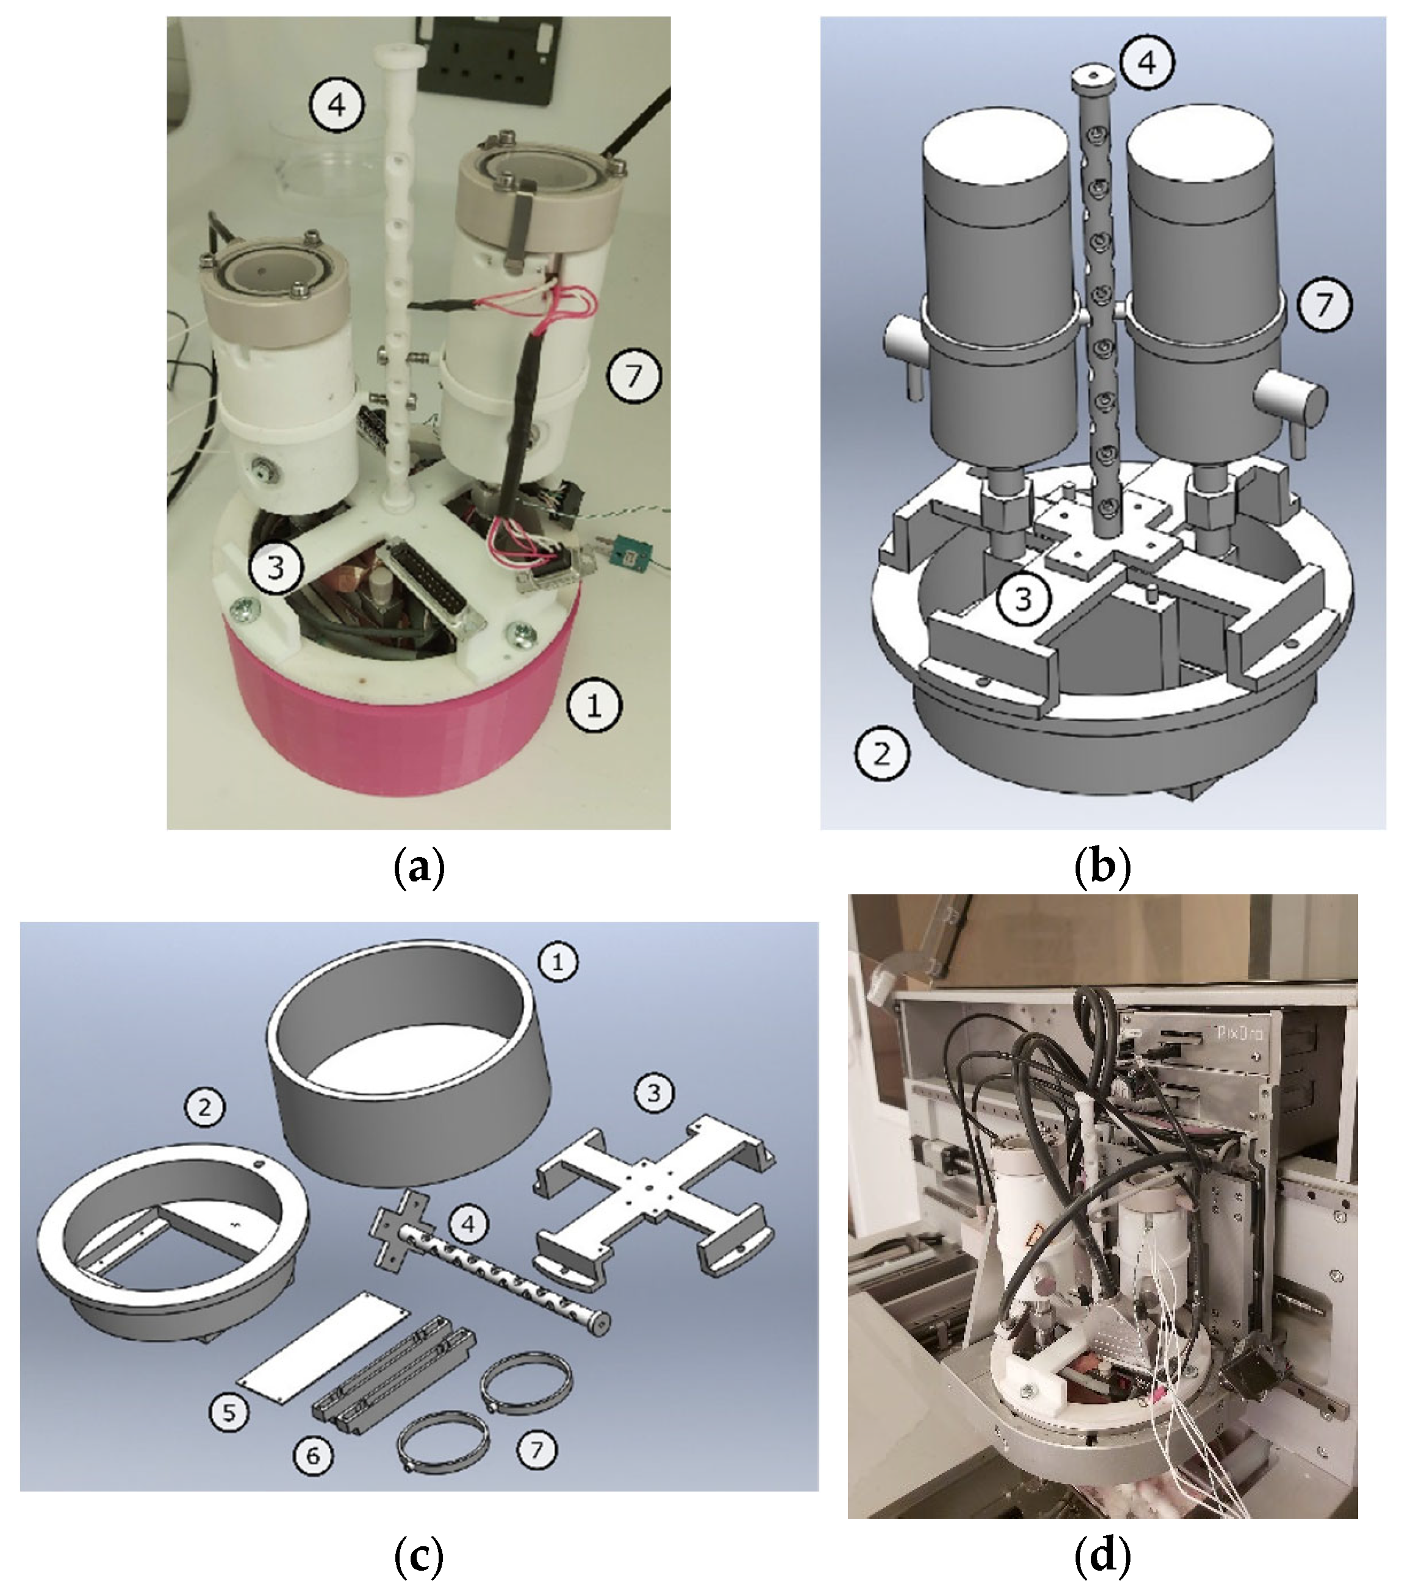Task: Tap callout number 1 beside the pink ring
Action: (x=594, y=706)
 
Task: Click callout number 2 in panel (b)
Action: (x=882, y=753)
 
